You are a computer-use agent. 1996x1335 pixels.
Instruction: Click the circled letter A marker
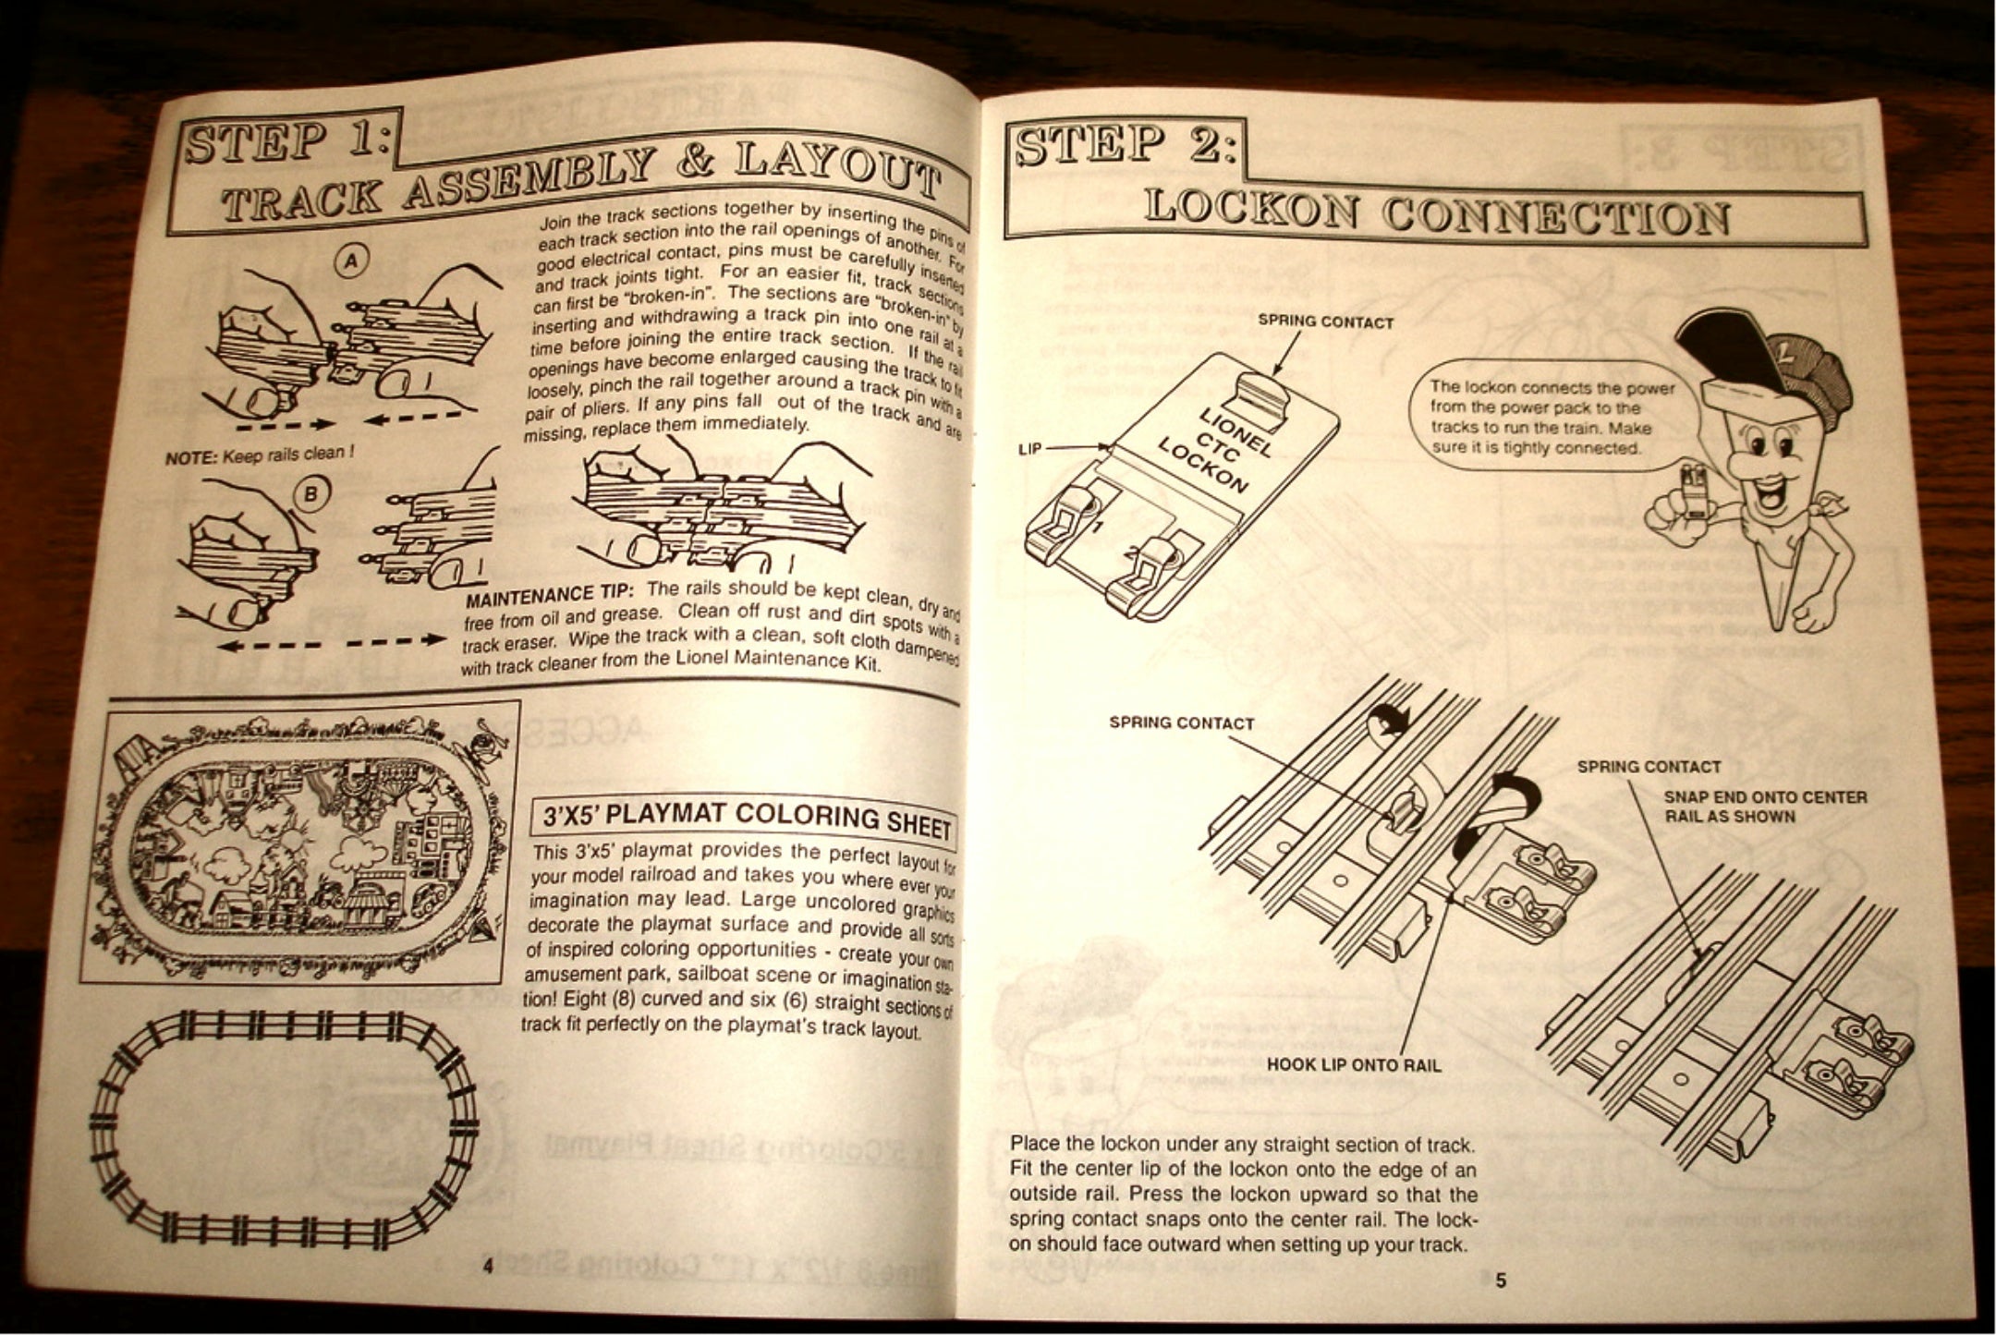tap(351, 262)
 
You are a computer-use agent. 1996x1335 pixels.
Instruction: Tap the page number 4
tap(488, 1266)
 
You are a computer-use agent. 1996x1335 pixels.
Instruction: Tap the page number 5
tap(1501, 1280)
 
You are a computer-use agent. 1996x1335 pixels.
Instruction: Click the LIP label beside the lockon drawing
tap(1029, 448)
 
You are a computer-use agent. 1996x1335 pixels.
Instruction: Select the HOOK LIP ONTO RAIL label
tap(1353, 1064)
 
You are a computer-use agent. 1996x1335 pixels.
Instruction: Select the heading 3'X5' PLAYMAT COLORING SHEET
tap(747, 818)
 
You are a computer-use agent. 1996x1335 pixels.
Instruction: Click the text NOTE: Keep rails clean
tap(259, 455)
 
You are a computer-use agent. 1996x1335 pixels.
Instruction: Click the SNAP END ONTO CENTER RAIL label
tap(1765, 806)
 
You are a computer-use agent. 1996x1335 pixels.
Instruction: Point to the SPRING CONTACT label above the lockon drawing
tap(1325, 322)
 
